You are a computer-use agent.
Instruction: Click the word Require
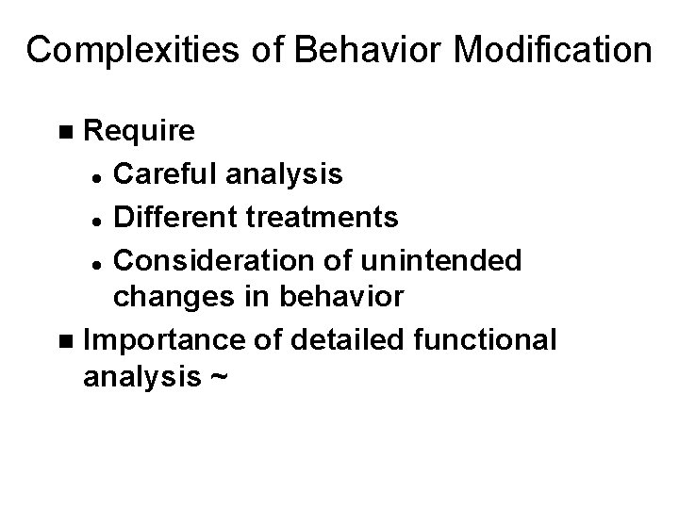[140, 131]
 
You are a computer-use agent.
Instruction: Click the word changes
[170, 298]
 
